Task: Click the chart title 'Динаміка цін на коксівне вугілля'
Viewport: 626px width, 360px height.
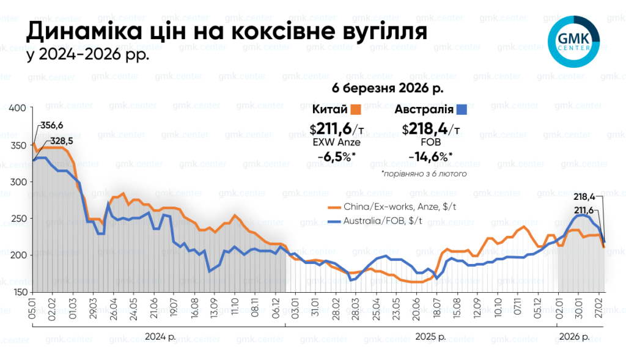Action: (x=226, y=32)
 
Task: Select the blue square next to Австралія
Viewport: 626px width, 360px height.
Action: (x=462, y=110)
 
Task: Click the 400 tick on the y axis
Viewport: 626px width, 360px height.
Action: (x=18, y=108)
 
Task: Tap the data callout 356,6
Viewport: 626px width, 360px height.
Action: (x=51, y=125)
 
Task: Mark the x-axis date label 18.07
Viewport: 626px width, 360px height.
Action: (x=436, y=304)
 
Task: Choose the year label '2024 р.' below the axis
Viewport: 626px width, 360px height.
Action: (x=157, y=337)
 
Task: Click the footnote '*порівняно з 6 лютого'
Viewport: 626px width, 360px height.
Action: (x=424, y=174)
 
